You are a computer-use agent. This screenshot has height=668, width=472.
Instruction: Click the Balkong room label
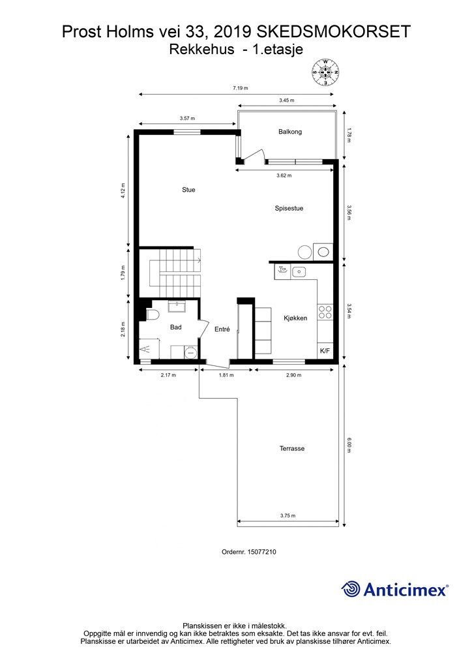pos(290,132)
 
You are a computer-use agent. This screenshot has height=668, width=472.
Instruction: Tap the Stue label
pos(188,190)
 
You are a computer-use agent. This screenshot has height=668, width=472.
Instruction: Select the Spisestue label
pos(289,209)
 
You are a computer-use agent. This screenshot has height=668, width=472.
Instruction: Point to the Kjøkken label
pos(295,318)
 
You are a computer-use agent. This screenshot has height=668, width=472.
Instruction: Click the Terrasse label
pos(292,449)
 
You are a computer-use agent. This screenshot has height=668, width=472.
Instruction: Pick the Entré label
pos(222,329)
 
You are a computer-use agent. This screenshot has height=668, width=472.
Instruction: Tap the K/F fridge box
pos(324,351)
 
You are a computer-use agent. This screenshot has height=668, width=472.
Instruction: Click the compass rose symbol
pos(325,72)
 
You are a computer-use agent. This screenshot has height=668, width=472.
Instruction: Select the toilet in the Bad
pos(153,316)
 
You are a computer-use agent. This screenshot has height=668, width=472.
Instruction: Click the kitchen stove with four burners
pos(325,314)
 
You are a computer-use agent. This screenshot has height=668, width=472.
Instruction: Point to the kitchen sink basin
pos(300,271)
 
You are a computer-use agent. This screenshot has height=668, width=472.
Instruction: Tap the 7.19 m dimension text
pos(241,88)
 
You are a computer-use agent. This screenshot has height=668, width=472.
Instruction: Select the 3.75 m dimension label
pos(288,515)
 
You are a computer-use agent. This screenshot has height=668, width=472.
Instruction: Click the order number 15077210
pos(249,551)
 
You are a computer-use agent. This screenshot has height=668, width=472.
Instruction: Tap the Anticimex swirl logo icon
pos(351,589)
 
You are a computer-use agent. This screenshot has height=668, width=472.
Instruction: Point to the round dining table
pos(304,252)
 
